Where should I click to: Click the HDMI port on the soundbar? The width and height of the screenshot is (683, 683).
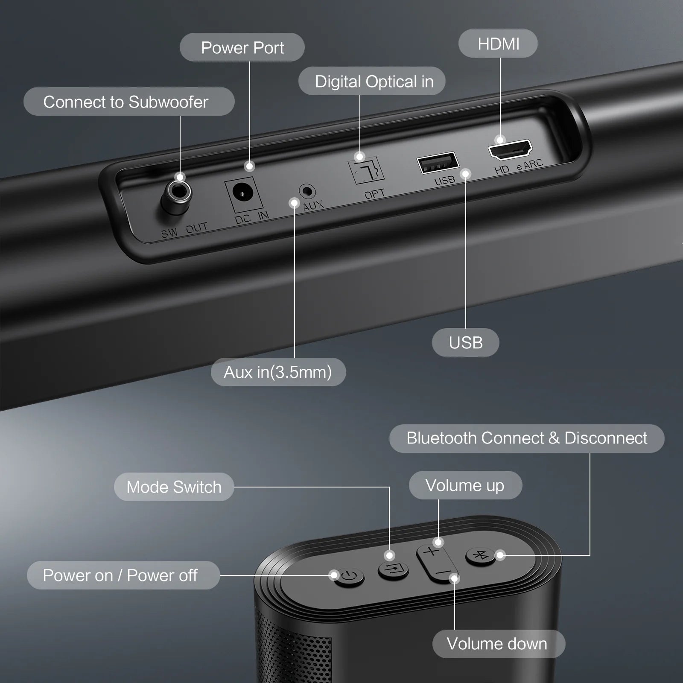[x=511, y=150]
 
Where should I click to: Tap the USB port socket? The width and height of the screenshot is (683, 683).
[x=438, y=163]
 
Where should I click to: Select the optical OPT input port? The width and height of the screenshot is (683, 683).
[x=366, y=170]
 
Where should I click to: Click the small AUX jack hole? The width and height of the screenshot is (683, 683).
[x=307, y=191]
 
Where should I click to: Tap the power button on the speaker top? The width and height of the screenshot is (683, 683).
[x=349, y=578]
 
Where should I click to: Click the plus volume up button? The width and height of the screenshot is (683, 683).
[x=431, y=552]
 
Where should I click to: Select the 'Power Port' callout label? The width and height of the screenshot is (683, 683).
[x=242, y=48]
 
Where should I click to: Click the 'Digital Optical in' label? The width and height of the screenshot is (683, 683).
[x=372, y=81]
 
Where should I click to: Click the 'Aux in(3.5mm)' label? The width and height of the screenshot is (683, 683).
[x=278, y=372]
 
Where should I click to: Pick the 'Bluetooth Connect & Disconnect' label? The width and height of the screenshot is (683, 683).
[x=526, y=438]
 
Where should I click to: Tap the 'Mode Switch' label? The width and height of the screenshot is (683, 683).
[x=174, y=487]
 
